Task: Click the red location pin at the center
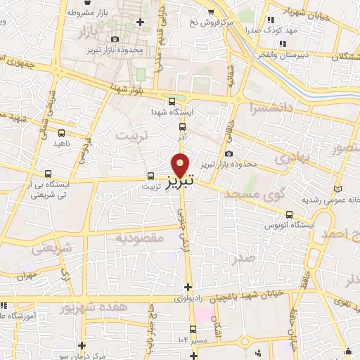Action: pyautogui.click(x=181, y=165)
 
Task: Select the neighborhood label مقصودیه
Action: pyautogui.click(x=141, y=238)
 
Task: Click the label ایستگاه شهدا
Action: pyautogui.click(x=172, y=112)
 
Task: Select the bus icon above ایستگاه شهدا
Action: pyautogui.click(x=172, y=101)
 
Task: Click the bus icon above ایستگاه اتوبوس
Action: pyautogui.click(x=290, y=215)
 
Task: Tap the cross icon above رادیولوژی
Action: pyautogui.click(x=188, y=287)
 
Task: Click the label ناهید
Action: pyautogui.click(x=63, y=143)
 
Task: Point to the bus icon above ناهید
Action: pyautogui.click(x=63, y=132)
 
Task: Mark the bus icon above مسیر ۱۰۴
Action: pyautogui.click(x=193, y=329)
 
